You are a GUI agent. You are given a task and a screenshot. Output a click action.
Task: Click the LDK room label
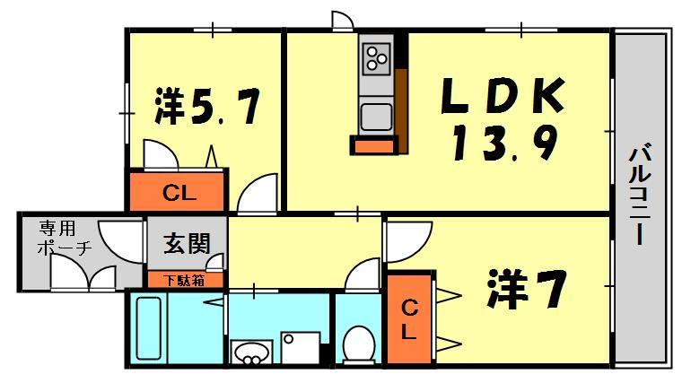click(x=503, y=95)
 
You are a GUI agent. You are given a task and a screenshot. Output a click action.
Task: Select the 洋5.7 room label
click(x=207, y=106)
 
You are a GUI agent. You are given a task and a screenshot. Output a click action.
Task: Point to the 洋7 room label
click(x=527, y=288)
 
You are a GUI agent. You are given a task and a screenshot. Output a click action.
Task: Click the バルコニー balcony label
click(x=639, y=195)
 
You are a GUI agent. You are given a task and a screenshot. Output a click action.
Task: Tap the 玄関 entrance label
click(x=187, y=243)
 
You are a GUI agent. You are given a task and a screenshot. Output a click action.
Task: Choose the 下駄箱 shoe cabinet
click(x=186, y=280)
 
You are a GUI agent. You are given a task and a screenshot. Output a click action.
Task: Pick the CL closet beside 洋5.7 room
click(x=178, y=191)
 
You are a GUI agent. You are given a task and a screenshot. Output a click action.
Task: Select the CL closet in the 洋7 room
click(x=409, y=318)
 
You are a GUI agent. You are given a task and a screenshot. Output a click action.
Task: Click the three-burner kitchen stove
click(x=377, y=58)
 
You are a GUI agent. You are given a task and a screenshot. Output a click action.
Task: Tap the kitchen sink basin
click(x=376, y=117)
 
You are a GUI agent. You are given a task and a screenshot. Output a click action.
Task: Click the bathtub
click(x=148, y=328)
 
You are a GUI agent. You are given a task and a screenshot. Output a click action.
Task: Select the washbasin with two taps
click(x=249, y=353)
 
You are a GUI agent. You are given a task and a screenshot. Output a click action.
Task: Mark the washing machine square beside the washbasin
click(x=301, y=348)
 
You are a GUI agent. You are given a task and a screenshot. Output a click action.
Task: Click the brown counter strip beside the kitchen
click(x=402, y=111)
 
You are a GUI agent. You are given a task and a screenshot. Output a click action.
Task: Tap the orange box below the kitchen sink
click(x=374, y=145)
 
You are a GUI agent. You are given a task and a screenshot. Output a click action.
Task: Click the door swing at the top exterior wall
click(x=342, y=21)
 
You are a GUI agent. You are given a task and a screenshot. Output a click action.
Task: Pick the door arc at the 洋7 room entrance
click(x=409, y=242)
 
